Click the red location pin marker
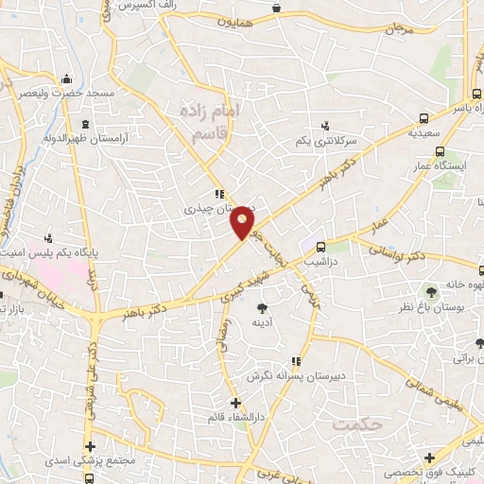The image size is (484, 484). (244, 223)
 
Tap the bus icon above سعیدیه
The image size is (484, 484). (423, 119)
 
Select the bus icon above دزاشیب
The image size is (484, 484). (321, 243)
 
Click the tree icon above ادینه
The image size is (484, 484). (262, 306)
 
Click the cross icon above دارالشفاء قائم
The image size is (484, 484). (235, 403)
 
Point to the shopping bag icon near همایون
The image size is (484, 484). (275, 9)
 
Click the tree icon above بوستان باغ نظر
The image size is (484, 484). (432, 290)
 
